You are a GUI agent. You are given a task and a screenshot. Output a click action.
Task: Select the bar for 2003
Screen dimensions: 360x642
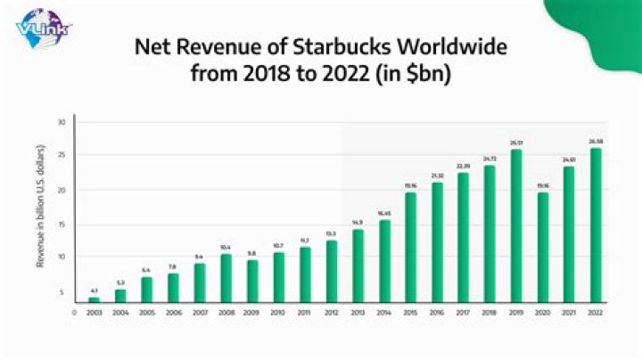tap(95, 299)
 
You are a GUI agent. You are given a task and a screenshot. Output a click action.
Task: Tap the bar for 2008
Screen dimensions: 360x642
tap(226, 278)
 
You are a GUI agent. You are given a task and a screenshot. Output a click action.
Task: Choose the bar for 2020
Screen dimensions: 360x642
tap(542, 247)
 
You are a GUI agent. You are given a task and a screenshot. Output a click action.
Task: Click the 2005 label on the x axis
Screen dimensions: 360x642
tap(147, 313)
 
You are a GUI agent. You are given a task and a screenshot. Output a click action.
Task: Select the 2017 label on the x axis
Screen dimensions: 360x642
tap(463, 313)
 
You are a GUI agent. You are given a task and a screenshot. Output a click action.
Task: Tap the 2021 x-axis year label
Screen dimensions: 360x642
tap(568, 313)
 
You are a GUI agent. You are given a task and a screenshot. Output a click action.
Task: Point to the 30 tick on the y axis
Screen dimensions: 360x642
tap(62, 122)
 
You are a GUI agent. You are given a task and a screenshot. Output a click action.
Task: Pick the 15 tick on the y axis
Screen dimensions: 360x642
tap(62, 224)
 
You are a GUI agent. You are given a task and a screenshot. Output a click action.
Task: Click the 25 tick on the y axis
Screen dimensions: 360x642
tap(62, 156)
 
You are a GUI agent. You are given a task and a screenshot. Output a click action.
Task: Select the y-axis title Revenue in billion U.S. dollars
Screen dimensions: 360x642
tap(42, 207)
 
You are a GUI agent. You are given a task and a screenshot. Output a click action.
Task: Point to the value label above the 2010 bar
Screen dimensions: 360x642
tap(279, 245)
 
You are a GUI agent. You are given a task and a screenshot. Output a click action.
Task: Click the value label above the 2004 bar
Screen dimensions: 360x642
tap(121, 282)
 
